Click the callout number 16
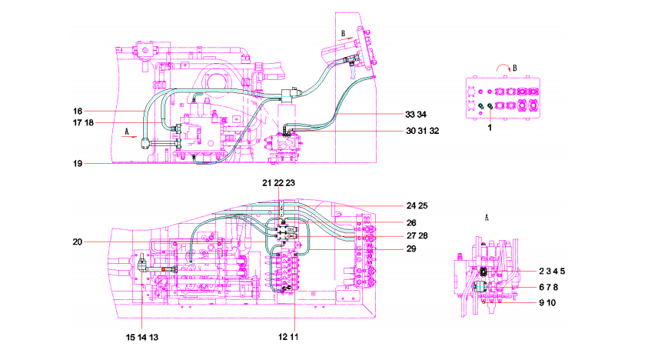point(78,111)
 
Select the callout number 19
point(78,163)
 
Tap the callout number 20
point(78,242)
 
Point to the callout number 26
point(411,223)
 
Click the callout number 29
point(411,248)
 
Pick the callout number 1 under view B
point(490,128)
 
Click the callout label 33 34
point(416,114)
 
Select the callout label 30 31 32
point(422,131)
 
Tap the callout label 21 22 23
point(278,183)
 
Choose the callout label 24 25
point(417,205)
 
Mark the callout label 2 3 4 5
point(552,272)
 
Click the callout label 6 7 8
point(549,287)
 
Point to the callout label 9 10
point(547,303)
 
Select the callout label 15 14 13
point(142,337)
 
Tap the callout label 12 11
point(288,337)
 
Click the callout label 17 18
point(84,122)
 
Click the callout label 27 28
point(417,235)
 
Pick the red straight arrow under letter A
point(129,137)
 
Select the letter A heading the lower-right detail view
point(487,217)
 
